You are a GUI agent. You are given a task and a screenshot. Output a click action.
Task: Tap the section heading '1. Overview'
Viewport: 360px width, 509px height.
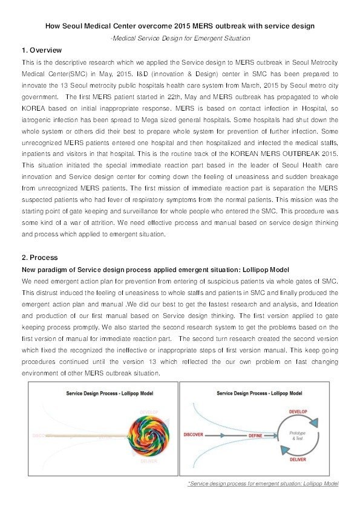pyautogui.click(x=41, y=50)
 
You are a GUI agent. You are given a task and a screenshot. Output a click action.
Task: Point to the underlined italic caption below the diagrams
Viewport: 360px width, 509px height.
pyautogui.click(x=263, y=484)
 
